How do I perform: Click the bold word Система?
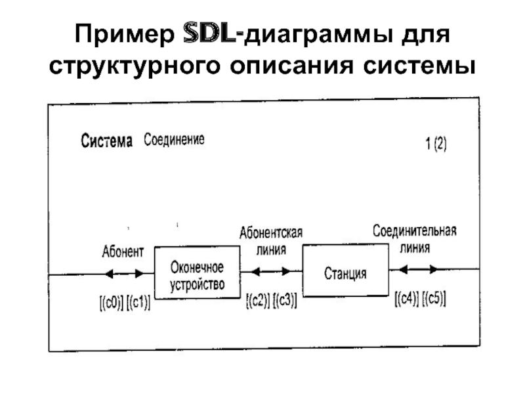pyautogui.click(x=107, y=141)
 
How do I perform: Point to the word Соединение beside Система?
pyautogui.click(x=174, y=139)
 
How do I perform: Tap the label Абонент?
pyautogui.click(x=123, y=252)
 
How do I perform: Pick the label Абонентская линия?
pyautogui.click(x=270, y=241)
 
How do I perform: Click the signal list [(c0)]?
pyautogui.click(x=110, y=304)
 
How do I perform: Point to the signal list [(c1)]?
pyautogui.click(x=138, y=304)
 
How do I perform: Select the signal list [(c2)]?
pyautogui.click(x=258, y=301)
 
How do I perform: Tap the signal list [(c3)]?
pyautogui.click(x=285, y=301)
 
